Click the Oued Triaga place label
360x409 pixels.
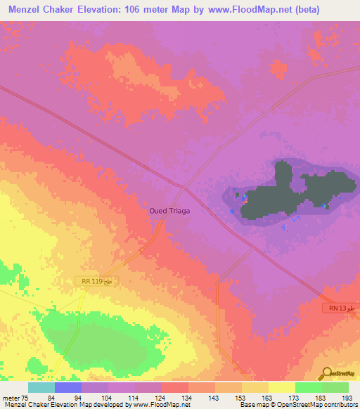coord(169,210)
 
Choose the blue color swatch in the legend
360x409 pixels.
coord(68,387)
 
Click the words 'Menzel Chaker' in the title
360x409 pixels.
coord(36,10)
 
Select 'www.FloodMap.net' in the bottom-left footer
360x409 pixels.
coord(157,405)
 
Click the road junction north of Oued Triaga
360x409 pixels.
coord(184,187)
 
